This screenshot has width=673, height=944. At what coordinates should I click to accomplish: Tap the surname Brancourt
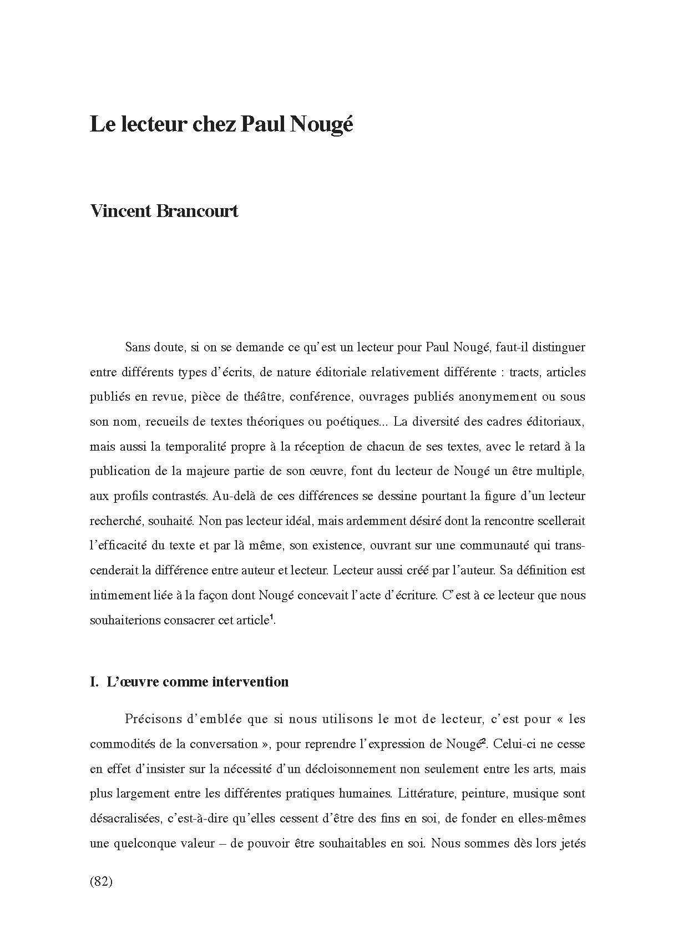pyautogui.click(x=198, y=211)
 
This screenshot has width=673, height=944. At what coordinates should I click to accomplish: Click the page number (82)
pyautogui.click(x=101, y=881)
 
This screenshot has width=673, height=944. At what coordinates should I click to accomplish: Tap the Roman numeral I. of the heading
pyautogui.click(x=94, y=682)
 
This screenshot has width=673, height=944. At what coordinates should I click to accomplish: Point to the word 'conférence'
pyautogui.click(x=321, y=397)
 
